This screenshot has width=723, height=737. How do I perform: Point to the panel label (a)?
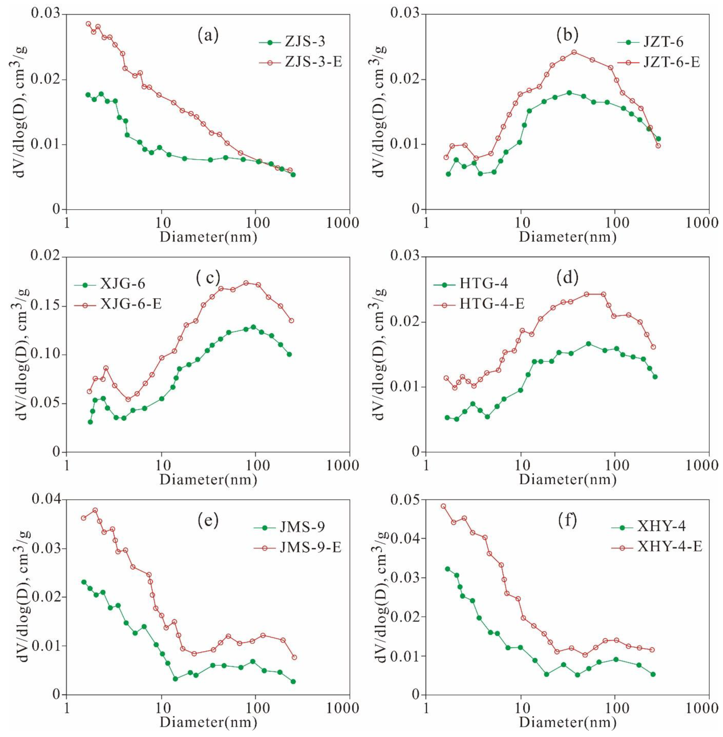coord(208,35)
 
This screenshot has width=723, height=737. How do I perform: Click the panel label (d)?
coord(567,278)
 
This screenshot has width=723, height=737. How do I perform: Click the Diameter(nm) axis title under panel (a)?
coord(208,237)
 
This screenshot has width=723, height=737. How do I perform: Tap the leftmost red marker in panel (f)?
coord(443,506)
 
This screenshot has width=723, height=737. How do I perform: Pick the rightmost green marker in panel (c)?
coord(289,354)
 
